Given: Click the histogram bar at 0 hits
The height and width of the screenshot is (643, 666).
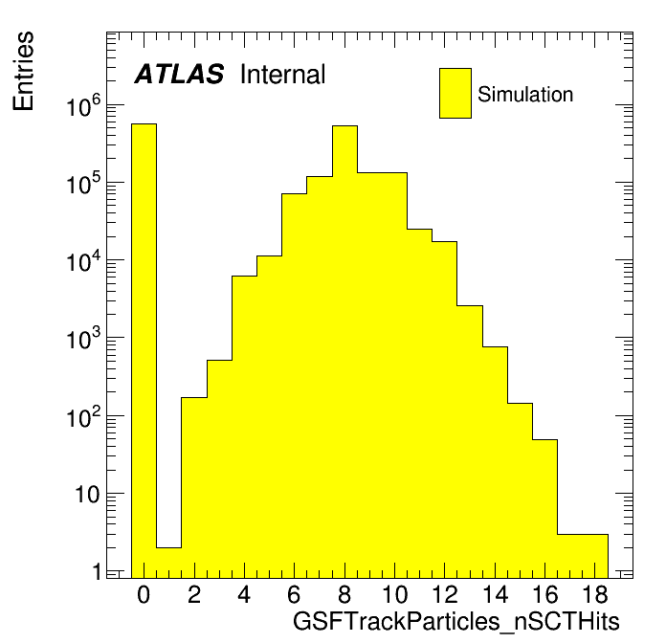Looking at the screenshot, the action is coord(144,351).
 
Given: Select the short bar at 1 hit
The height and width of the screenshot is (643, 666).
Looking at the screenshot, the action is coord(169,563).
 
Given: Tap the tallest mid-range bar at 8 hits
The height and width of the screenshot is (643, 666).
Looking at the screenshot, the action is coord(344,352).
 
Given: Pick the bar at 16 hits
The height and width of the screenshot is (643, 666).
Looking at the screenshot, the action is coord(544,509).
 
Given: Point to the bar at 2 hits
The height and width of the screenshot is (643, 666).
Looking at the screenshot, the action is coord(194,488).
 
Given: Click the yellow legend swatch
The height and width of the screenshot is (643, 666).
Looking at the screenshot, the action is coord(455,93).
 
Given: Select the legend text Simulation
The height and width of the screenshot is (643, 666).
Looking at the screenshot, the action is coord(525,95).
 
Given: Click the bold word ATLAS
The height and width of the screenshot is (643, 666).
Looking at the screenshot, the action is coord(179,74).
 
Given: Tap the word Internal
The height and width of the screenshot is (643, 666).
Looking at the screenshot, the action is coord(283,75).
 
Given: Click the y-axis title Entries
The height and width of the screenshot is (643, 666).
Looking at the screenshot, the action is coord(23,71).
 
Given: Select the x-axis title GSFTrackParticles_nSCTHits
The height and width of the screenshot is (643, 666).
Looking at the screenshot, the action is coord(456,622).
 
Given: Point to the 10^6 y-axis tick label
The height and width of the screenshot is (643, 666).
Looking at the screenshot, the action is coord(84,105).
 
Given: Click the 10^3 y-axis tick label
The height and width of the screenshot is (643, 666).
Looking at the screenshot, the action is coord(84,339).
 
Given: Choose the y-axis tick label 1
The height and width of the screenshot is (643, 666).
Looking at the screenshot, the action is coord(98,572).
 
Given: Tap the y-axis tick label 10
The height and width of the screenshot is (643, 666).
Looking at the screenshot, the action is coord(88,495).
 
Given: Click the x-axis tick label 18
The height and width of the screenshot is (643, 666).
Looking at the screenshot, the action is coord(595,594).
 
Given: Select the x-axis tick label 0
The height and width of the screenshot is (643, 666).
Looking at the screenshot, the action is coord(144,594).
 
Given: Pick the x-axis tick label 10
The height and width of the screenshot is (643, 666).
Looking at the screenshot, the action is coord(394,594).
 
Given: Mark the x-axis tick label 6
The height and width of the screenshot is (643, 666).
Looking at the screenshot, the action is coord(295,594).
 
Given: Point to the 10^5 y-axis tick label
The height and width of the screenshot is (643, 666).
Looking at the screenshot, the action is coord(84,183).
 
